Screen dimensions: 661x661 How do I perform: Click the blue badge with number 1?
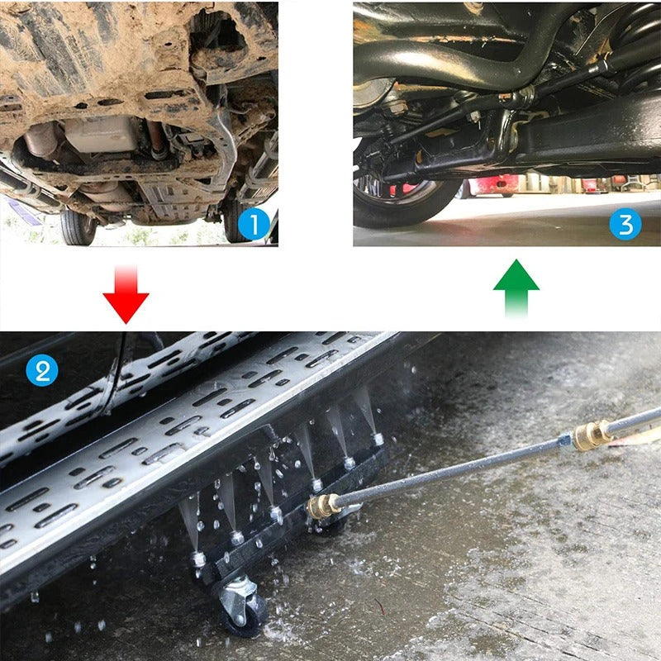pyautogui.click(x=254, y=225)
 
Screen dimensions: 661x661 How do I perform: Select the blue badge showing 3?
pyautogui.click(x=625, y=225)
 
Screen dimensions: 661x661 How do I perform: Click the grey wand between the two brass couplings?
pyautogui.click(x=454, y=469)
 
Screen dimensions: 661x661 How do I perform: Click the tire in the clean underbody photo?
pyautogui.click(x=405, y=198)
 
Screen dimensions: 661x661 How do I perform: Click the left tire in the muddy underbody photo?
pyautogui.click(x=79, y=225)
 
